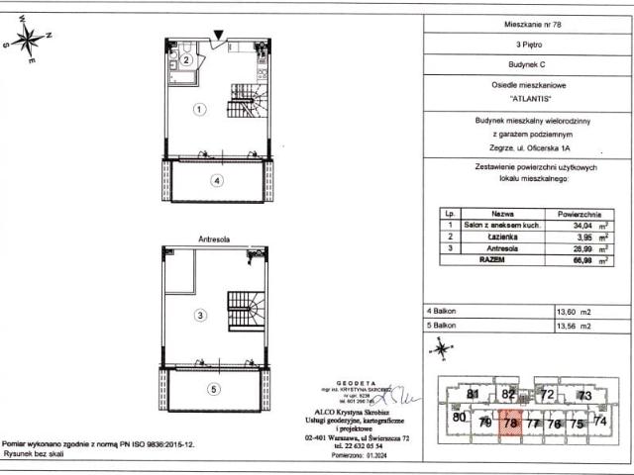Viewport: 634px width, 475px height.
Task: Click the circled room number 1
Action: click(x=199, y=110)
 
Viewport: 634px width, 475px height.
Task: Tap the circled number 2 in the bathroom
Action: click(x=185, y=59)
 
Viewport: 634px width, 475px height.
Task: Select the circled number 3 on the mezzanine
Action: click(x=199, y=316)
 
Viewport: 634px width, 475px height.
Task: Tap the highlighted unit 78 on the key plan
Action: click(x=511, y=423)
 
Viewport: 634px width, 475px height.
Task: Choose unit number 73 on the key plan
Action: click(x=584, y=396)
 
